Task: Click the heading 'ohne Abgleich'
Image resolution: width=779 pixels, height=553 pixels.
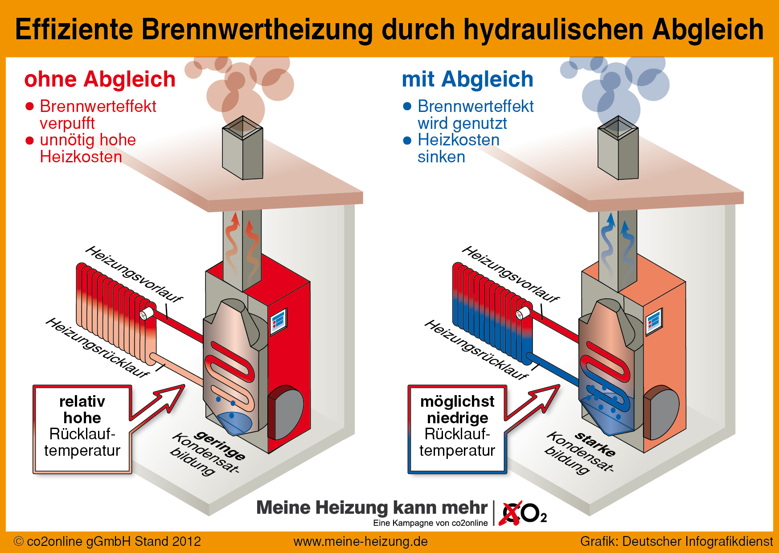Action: pos(100,80)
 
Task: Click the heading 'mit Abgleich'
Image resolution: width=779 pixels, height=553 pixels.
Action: pos(467,80)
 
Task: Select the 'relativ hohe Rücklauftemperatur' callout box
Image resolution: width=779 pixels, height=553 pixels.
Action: pos(82,429)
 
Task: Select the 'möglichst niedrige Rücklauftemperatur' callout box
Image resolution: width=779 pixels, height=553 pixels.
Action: pos(458,429)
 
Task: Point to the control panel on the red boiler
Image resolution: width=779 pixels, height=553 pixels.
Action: pos(279,320)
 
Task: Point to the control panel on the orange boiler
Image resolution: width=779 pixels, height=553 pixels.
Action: pos(654,320)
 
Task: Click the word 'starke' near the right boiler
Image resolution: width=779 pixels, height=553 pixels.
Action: pos(595,443)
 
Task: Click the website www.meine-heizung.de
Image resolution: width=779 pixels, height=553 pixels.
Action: pos(361,541)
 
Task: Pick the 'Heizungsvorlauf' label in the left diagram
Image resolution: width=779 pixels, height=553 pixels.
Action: pos(134,274)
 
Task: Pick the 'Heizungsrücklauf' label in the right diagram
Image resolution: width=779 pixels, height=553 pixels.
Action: pos(476,349)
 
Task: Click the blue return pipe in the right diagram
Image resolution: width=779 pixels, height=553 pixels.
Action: pos(553,369)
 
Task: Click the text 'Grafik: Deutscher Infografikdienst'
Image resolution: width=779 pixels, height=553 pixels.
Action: pos(676,541)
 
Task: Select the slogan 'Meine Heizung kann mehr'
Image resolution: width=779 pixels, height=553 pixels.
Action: pos(372,508)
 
